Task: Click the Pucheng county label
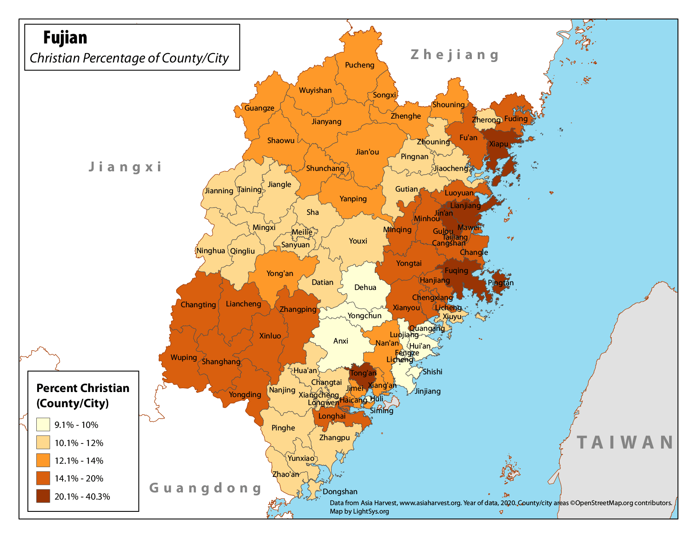359,65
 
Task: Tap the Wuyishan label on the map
315,90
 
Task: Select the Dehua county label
365,287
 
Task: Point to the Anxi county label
340,341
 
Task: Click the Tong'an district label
363,373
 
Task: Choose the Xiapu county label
498,144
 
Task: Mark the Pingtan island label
501,283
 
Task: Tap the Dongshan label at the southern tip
340,492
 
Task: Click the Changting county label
198,305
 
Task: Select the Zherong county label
486,120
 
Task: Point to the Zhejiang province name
455,55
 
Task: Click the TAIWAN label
626,442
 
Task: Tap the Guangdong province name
206,488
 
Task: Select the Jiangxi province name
125,167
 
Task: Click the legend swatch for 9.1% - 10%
43,424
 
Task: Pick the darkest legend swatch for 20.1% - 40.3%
43,496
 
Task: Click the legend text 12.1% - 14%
79,461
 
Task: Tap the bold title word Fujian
65,38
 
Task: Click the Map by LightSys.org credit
359,511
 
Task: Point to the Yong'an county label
280,273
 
